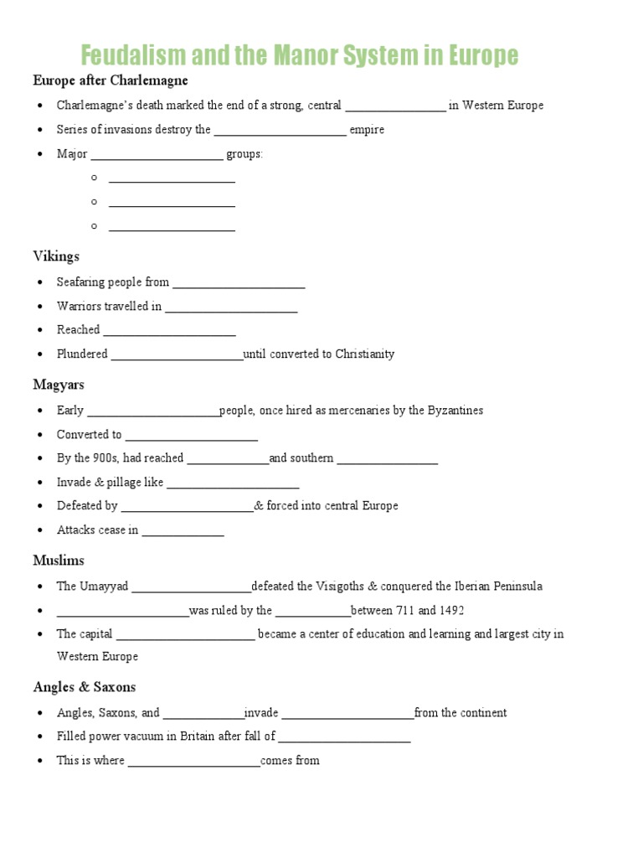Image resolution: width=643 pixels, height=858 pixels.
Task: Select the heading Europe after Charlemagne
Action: tap(111, 80)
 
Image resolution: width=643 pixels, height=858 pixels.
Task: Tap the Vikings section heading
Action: tap(56, 256)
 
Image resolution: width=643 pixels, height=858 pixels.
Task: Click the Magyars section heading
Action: tap(59, 385)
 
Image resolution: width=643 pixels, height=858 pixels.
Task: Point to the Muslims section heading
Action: tap(59, 560)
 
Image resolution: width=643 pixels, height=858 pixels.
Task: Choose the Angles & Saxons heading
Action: tap(84, 687)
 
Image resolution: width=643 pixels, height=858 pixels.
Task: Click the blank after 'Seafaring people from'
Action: tap(239, 283)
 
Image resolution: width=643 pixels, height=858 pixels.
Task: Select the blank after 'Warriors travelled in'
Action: tap(231, 307)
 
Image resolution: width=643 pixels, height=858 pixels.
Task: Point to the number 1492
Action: tap(450, 610)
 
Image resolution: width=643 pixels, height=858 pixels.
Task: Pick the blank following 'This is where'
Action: tap(194, 761)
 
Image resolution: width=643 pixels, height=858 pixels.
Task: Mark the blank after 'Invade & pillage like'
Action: tap(233, 483)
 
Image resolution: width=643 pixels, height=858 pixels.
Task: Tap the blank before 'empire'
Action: tap(280, 130)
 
